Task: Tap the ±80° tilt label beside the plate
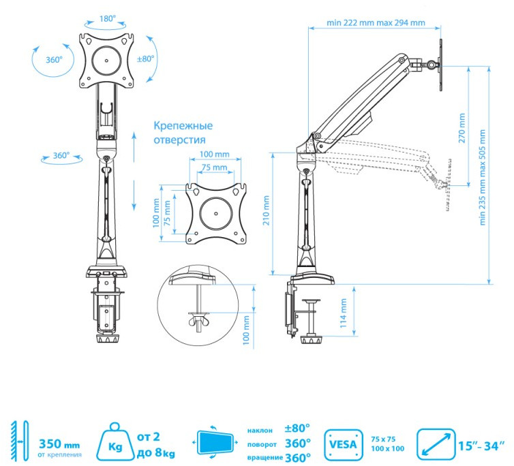tap(146, 59)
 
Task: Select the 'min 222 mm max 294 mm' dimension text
tap(376, 22)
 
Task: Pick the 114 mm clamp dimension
tap(344, 315)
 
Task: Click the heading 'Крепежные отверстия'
tap(183, 132)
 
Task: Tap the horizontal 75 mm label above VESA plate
tap(214, 168)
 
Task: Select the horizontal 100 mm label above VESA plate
tap(214, 155)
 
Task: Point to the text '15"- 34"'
tap(482, 446)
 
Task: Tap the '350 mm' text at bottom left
tap(60, 441)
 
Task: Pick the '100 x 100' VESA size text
tap(388, 448)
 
